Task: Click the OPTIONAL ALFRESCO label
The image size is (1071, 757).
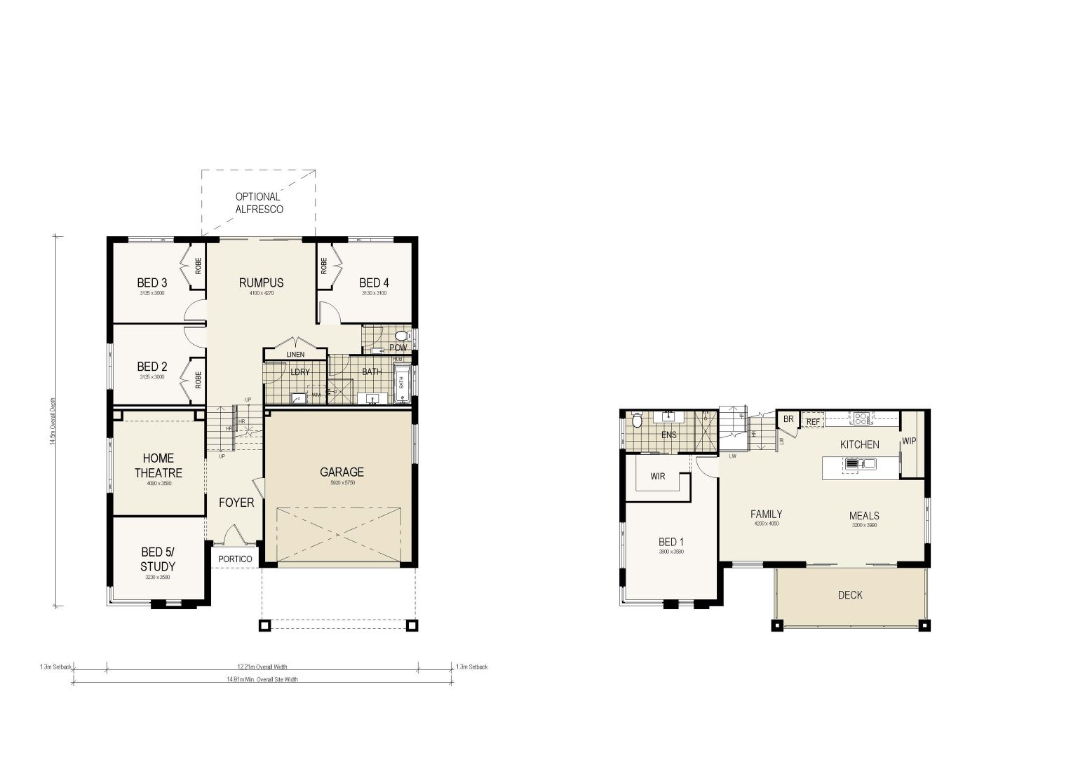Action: (x=258, y=203)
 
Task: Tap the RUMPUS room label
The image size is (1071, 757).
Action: (x=261, y=282)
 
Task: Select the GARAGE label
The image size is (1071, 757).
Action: (x=342, y=472)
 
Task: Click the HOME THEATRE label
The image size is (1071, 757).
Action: (x=159, y=465)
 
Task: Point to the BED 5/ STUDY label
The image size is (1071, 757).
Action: (x=158, y=559)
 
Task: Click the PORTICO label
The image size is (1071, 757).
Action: (x=235, y=559)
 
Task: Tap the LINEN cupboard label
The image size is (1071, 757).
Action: (x=295, y=355)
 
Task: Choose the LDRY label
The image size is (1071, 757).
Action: (x=299, y=371)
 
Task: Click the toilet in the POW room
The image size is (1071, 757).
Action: (x=401, y=336)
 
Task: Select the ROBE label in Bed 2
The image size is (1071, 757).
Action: (x=198, y=380)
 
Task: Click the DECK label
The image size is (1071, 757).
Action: (x=850, y=595)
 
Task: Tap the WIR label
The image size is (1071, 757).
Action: (x=657, y=477)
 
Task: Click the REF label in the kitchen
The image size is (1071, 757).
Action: (x=812, y=422)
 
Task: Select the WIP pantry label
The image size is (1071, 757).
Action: (x=909, y=442)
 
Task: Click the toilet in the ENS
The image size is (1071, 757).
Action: (x=637, y=421)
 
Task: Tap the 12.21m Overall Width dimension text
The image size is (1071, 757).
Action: (x=262, y=667)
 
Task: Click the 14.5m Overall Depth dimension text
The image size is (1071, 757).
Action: (x=53, y=421)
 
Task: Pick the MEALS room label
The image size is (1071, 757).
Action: (x=865, y=515)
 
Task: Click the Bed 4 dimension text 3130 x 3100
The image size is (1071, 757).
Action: (x=374, y=293)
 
